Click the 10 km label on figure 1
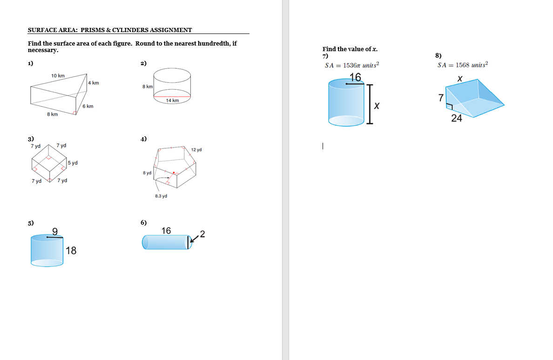click(x=58, y=75)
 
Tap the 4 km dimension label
click(x=93, y=83)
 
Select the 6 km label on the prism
click(x=88, y=107)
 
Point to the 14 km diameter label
click(x=172, y=100)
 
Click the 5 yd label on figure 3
click(x=72, y=163)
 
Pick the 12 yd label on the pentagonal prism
click(x=196, y=150)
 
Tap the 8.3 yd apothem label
click(x=161, y=196)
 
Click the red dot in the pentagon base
click(x=174, y=173)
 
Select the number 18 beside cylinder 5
click(x=71, y=251)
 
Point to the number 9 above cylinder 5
click(x=55, y=231)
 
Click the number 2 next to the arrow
click(x=202, y=233)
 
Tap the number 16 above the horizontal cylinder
click(x=166, y=231)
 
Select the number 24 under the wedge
click(x=457, y=118)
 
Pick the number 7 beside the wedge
click(x=440, y=98)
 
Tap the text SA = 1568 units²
click(x=463, y=65)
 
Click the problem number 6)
click(x=144, y=223)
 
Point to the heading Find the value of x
click(x=350, y=49)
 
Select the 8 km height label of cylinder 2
click(x=148, y=87)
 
